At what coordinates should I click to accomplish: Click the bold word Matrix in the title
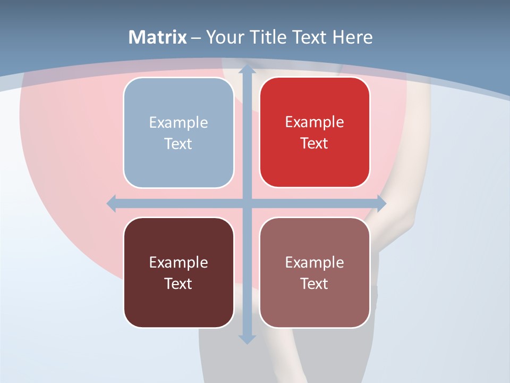158,37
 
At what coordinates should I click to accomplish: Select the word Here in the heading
353,37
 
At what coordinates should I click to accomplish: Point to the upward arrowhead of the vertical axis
247,69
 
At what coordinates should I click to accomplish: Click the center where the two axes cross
247,203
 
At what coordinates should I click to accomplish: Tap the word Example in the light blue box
178,123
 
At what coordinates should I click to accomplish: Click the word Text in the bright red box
314,144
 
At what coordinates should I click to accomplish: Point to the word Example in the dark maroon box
178,262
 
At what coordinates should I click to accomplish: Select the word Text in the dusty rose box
314,284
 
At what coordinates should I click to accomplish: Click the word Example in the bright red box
314,122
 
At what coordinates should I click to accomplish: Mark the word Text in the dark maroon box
178,284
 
